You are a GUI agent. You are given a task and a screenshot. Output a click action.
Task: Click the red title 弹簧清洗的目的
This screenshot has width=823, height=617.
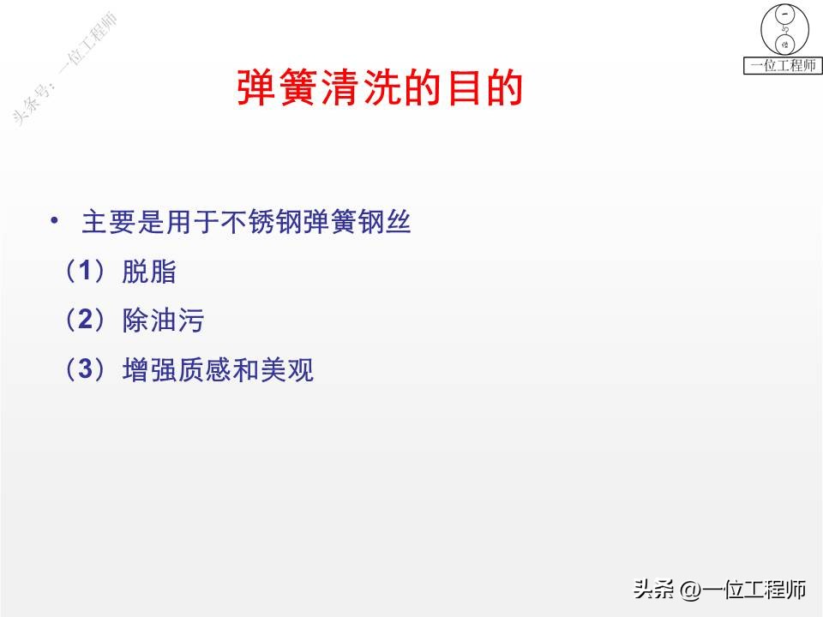click(380, 89)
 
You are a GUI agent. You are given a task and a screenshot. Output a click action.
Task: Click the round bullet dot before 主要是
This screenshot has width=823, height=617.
click(56, 222)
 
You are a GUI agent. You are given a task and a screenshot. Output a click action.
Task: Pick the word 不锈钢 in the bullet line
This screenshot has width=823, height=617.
click(262, 224)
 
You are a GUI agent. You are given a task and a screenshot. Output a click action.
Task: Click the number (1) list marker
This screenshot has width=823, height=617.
click(85, 273)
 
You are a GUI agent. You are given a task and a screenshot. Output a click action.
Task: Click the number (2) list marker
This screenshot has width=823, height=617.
click(85, 321)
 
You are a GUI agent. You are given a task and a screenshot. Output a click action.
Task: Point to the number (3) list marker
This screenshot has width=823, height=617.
click(85, 370)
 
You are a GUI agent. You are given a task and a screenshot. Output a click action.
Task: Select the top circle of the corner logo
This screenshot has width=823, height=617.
click(784, 15)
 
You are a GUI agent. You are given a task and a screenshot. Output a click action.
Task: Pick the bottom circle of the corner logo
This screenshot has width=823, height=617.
click(784, 45)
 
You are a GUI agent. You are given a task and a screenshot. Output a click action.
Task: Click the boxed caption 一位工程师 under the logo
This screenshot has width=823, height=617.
click(782, 66)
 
